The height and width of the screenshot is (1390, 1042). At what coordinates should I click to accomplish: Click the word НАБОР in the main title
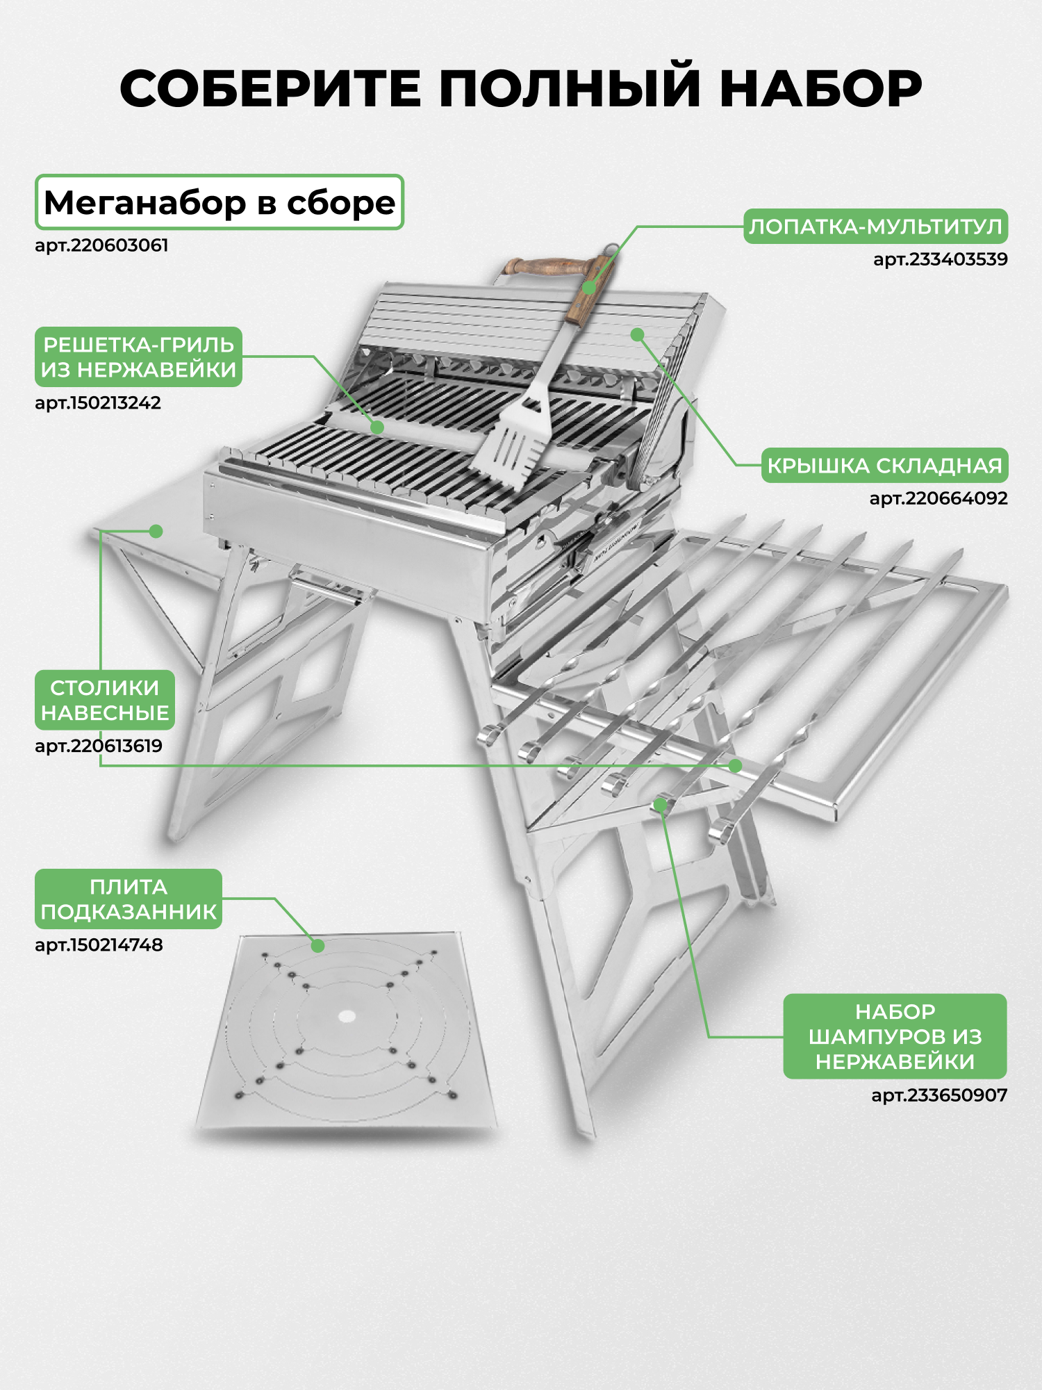pyautogui.click(x=820, y=89)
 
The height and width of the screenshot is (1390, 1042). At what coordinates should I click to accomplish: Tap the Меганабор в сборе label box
pyautogui.click(x=220, y=202)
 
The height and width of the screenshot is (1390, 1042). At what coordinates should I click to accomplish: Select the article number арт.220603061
pyautogui.click(x=101, y=245)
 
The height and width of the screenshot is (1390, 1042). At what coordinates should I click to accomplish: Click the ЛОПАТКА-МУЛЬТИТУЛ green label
pyautogui.click(x=875, y=227)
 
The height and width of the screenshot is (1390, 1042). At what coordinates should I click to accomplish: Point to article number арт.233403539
pyautogui.click(x=940, y=259)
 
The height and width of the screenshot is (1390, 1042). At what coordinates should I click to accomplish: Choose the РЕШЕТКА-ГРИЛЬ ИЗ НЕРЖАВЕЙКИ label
pyautogui.click(x=139, y=357)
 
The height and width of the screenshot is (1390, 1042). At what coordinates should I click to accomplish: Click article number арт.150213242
pyautogui.click(x=98, y=402)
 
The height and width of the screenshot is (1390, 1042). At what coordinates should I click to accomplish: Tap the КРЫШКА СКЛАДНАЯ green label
pyautogui.click(x=884, y=466)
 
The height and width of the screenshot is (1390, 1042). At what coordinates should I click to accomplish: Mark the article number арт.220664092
pyautogui.click(x=938, y=498)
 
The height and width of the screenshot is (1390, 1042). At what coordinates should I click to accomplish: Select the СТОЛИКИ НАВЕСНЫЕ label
pyautogui.click(x=105, y=700)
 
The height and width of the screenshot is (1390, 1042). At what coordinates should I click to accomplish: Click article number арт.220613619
pyautogui.click(x=99, y=746)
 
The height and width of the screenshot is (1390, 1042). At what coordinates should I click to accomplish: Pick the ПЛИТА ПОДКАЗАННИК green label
pyautogui.click(x=129, y=899)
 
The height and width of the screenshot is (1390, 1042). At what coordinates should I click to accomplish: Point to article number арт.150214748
pyautogui.click(x=99, y=945)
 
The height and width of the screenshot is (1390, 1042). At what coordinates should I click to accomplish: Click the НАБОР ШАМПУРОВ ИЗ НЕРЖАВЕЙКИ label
pyautogui.click(x=895, y=1036)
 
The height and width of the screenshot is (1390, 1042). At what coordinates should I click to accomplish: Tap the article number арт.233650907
pyautogui.click(x=939, y=1095)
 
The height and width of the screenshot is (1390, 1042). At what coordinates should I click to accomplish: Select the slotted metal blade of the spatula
pyautogui.click(x=511, y=445)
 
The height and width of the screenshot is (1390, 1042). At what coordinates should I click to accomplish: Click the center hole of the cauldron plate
pyautogui.click(x=347, y=1017)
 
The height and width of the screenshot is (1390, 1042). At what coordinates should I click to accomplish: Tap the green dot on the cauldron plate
pyautogui.click(x=317, y=946)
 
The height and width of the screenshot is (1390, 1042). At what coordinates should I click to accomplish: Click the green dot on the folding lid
pyautogui.click(x=638, y=335)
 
